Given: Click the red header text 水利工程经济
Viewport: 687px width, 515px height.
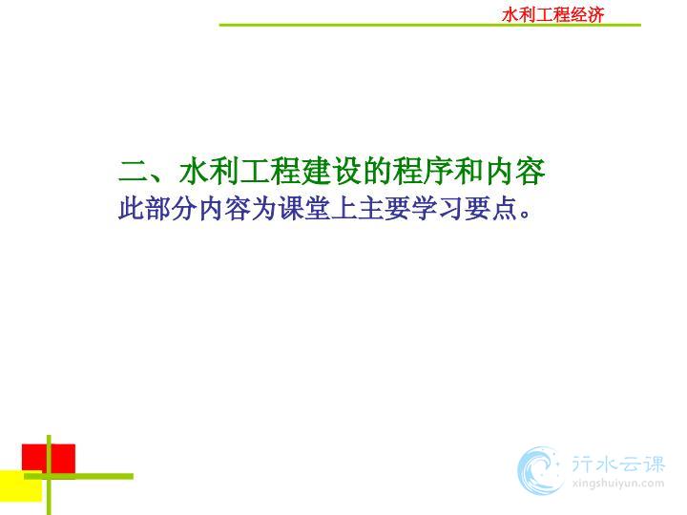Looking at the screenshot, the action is tap(552, 15).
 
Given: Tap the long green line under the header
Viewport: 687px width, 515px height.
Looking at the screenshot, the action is tap(429, 25).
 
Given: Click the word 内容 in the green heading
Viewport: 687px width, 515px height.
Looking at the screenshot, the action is tap(515, 171).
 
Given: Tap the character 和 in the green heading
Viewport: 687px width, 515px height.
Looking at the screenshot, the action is tap(468, 171).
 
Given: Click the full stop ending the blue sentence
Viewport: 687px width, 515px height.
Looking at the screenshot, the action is tap(525, 215).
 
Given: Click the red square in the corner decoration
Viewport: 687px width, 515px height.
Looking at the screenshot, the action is tap(49, 458).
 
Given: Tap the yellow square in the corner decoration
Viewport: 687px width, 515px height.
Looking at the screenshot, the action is tap(21, 485).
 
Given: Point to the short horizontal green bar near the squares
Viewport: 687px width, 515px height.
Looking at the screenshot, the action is tap(79, 476).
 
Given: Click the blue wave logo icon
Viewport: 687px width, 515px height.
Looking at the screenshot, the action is tap(540, 470).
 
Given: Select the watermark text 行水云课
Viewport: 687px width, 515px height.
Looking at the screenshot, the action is tap(618, 464).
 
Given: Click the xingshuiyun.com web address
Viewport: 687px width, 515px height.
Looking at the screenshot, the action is tap(618, 484).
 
